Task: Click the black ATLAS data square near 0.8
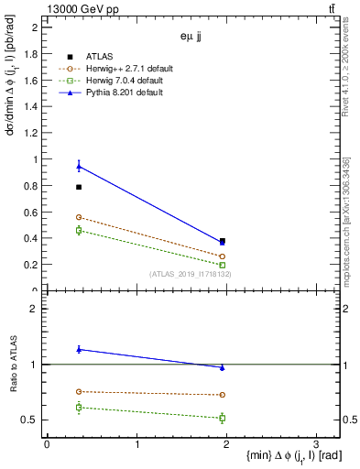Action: point(79,187)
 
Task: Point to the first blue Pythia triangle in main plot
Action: point(79,166)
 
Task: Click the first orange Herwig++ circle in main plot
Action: point(79,217)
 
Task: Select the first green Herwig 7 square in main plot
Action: point(79,230)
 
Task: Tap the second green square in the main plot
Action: point(223,265)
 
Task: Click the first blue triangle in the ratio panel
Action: point(79,349)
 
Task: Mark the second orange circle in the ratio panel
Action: point(223,395)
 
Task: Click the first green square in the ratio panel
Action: point(79,407)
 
